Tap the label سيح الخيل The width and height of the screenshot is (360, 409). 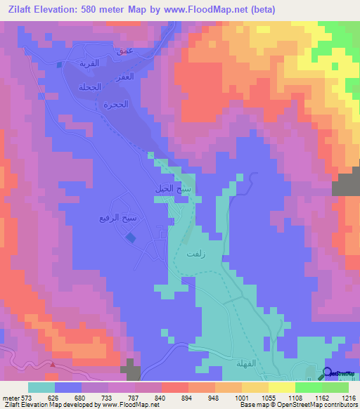(x=173, y=190)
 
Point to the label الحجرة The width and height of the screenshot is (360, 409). (x=118, y=105)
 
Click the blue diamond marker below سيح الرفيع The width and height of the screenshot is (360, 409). (x=131, y=238)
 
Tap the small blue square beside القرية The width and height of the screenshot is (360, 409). (x=60, y=64)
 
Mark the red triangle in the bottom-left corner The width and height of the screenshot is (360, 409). (x=53, y=364)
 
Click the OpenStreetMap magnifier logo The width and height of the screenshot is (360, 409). (x=328, y=373)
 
